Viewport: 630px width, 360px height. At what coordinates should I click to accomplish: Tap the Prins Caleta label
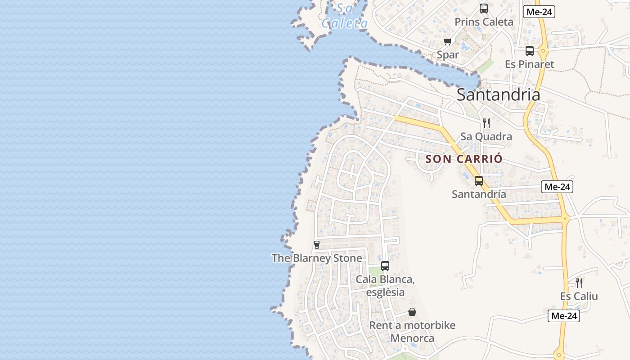coord(484,22)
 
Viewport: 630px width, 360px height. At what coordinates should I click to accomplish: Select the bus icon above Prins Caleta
coord(484,9)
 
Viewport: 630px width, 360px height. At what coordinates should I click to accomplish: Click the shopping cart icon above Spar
coord(447,42)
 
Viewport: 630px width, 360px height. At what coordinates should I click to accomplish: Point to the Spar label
coord(448,55)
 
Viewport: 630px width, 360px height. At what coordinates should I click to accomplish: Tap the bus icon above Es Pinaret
coord(530,51)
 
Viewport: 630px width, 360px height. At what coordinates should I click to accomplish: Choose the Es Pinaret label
coord(529,64)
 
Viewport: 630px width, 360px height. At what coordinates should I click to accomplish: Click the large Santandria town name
coord(498,94)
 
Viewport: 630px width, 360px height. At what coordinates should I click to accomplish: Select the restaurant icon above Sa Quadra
coord(486,123)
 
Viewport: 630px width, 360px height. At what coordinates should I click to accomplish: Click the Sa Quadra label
coord(486,136)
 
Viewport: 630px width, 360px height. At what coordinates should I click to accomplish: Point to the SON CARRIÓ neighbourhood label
coord(464,159)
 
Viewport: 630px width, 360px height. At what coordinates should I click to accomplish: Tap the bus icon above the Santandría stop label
coord(479,181)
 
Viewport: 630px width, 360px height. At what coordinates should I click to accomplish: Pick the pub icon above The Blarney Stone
coord(317,245)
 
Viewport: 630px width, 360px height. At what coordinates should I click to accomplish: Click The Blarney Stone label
coord(317,258)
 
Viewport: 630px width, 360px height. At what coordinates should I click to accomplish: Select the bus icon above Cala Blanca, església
coord(385,266)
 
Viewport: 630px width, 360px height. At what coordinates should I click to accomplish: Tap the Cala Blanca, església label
coord(385,286)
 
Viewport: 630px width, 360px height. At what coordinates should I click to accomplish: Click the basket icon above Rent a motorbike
coord(412,312)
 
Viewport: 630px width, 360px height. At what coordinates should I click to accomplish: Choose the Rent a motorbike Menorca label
coord(412,332)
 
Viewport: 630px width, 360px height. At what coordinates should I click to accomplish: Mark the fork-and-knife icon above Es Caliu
coord(579,283)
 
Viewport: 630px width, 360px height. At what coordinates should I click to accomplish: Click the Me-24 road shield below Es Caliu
coord(564,316)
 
